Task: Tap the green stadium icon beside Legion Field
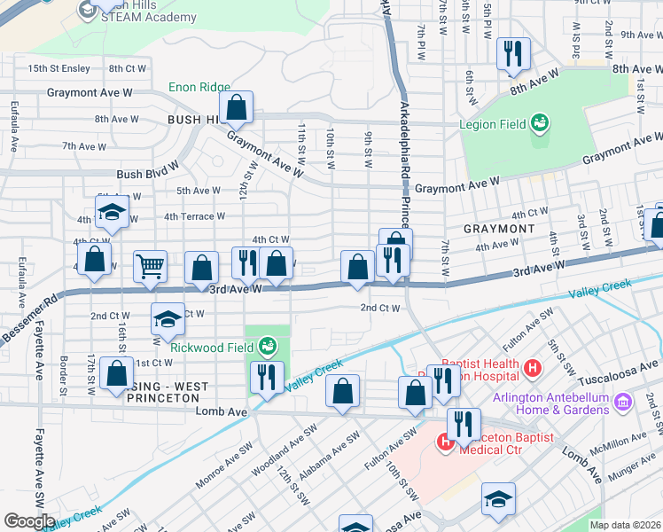540,124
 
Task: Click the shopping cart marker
151,267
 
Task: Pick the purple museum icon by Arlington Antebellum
622,403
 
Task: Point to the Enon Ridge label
199,88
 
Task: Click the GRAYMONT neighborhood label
500,229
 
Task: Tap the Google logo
29,520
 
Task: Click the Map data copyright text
624,525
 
